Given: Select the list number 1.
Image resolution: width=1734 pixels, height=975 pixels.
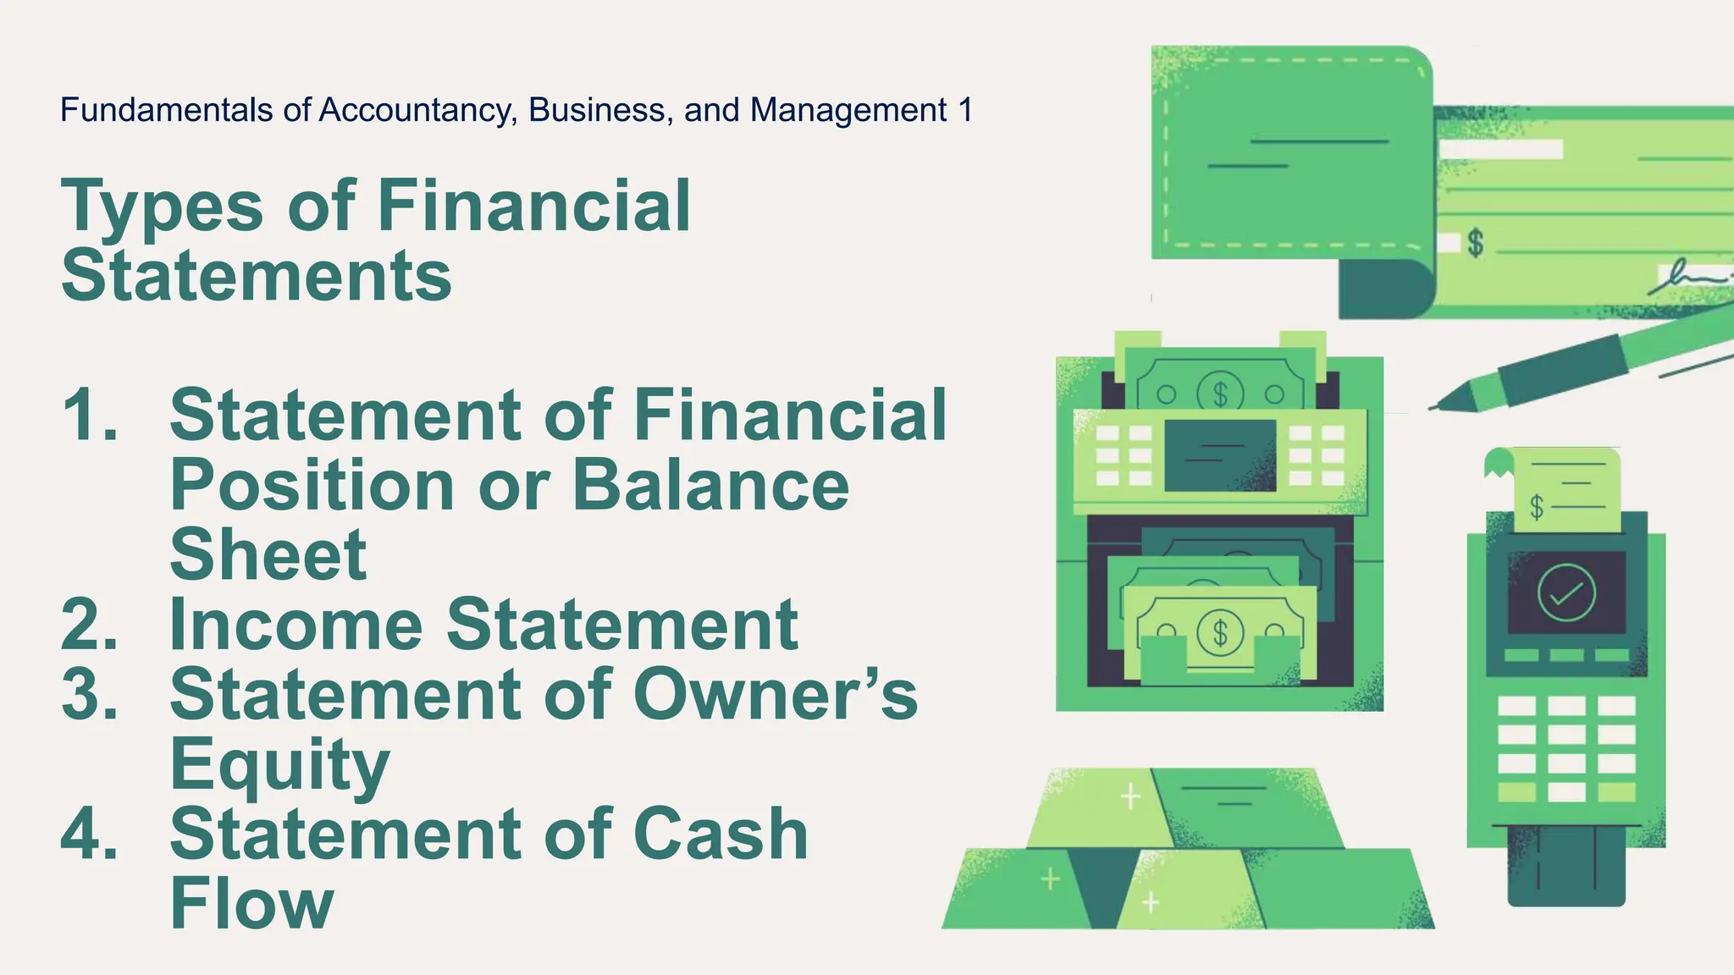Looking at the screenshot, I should click(x=88, y=415).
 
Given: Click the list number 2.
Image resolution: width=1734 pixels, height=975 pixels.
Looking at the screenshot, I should click(x=89, y=625).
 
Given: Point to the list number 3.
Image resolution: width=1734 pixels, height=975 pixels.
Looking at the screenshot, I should click(x=89, y=694).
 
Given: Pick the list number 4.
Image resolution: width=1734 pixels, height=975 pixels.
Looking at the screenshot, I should click(x=89, y=834).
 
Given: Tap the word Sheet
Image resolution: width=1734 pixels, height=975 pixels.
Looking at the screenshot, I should click(x=268, y=554).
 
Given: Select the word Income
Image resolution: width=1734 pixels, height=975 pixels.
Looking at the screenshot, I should click(x=296, y=625).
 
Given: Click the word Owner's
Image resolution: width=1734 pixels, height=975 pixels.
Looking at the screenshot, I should click(x=775, y=694).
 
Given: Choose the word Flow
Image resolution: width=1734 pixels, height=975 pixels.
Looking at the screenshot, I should click(x=252, y=904).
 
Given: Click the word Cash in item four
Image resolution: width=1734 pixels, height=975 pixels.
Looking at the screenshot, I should click(x=721, y=834).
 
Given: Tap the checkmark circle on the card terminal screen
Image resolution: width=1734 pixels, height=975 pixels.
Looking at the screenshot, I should click(x=1566, y=592).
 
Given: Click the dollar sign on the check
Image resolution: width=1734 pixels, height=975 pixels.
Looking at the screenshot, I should click(x=1476, y=243).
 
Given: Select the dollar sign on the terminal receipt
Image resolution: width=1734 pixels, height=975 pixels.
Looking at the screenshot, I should click(x=1537, y=507).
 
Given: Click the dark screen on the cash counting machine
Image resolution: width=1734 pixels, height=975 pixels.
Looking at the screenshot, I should click(x=1220, y=454).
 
